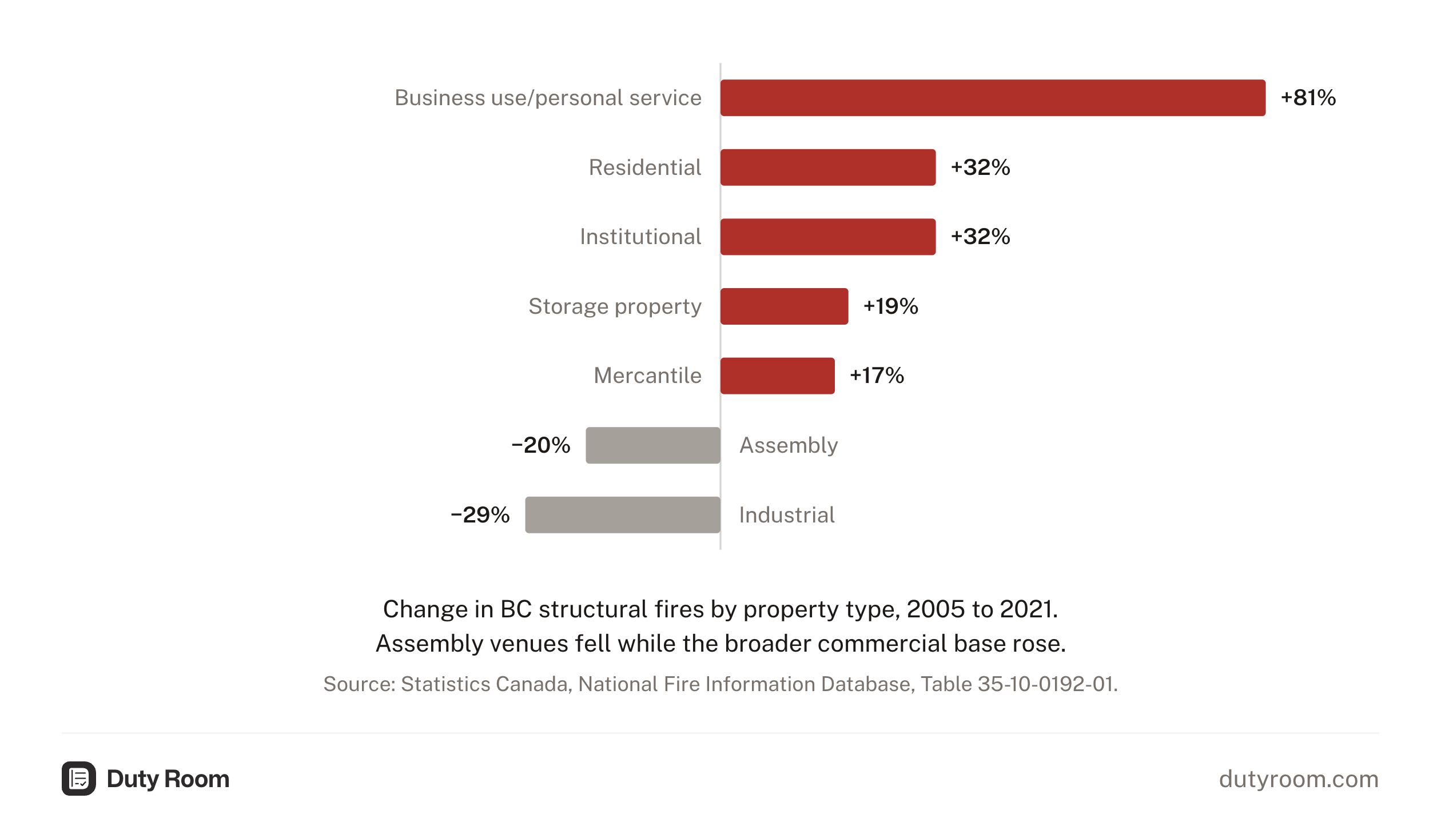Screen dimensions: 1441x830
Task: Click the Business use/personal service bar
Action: [x=993, y=98]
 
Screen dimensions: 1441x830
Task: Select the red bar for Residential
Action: [x=828, y=167]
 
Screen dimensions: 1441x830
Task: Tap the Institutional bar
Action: [x=828, y=237]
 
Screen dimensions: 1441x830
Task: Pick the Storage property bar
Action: [x=785, y=306]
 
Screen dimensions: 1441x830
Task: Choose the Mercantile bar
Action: [x=778, y=376]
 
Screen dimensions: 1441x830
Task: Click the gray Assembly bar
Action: [x=653, y=445]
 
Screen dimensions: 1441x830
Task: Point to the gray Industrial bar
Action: [x=623, y=515]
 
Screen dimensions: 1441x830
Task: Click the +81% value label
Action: [x=1308, y=98]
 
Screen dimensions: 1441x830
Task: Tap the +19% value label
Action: [x=891, y=306]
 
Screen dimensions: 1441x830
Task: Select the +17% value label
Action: [x=877, y=376]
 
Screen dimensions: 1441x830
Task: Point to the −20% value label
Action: [x=541, y=445]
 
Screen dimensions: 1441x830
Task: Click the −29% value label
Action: [x=480, y=515]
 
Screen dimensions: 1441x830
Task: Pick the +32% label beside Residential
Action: [x=981, y=167]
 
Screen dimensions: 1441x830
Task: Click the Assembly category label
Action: [x=789, y=446]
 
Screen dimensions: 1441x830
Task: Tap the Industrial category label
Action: [x=787, y=515]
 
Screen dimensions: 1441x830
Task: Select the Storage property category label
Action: [x=615, y=307]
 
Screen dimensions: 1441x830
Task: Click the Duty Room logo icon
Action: [x=79, y=779]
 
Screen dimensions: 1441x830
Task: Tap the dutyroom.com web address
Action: [x=1299, y=779]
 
